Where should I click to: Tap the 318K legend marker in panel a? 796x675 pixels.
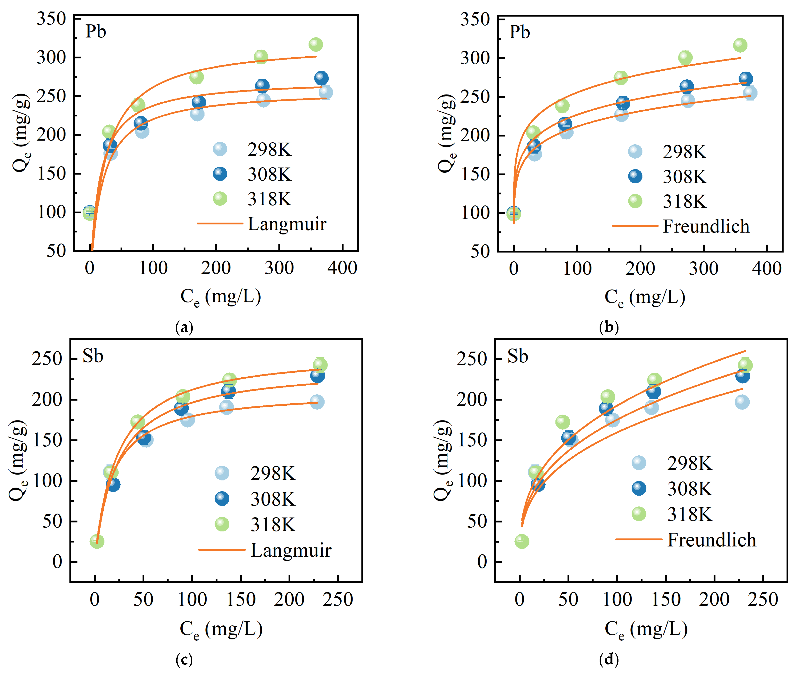tap(220, 199)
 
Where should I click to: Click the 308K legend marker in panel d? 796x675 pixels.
tap(639, 489)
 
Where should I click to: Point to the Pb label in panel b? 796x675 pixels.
tap(519, 32)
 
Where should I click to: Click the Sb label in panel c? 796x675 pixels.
tap(93, 356)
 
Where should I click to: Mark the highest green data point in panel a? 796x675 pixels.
tap(315, 44)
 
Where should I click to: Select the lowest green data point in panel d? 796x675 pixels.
tap(521, 541)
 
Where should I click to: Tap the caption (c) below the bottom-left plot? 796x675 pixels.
tap(184, 659)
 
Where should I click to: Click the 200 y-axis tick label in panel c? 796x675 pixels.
tap(47, 399)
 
